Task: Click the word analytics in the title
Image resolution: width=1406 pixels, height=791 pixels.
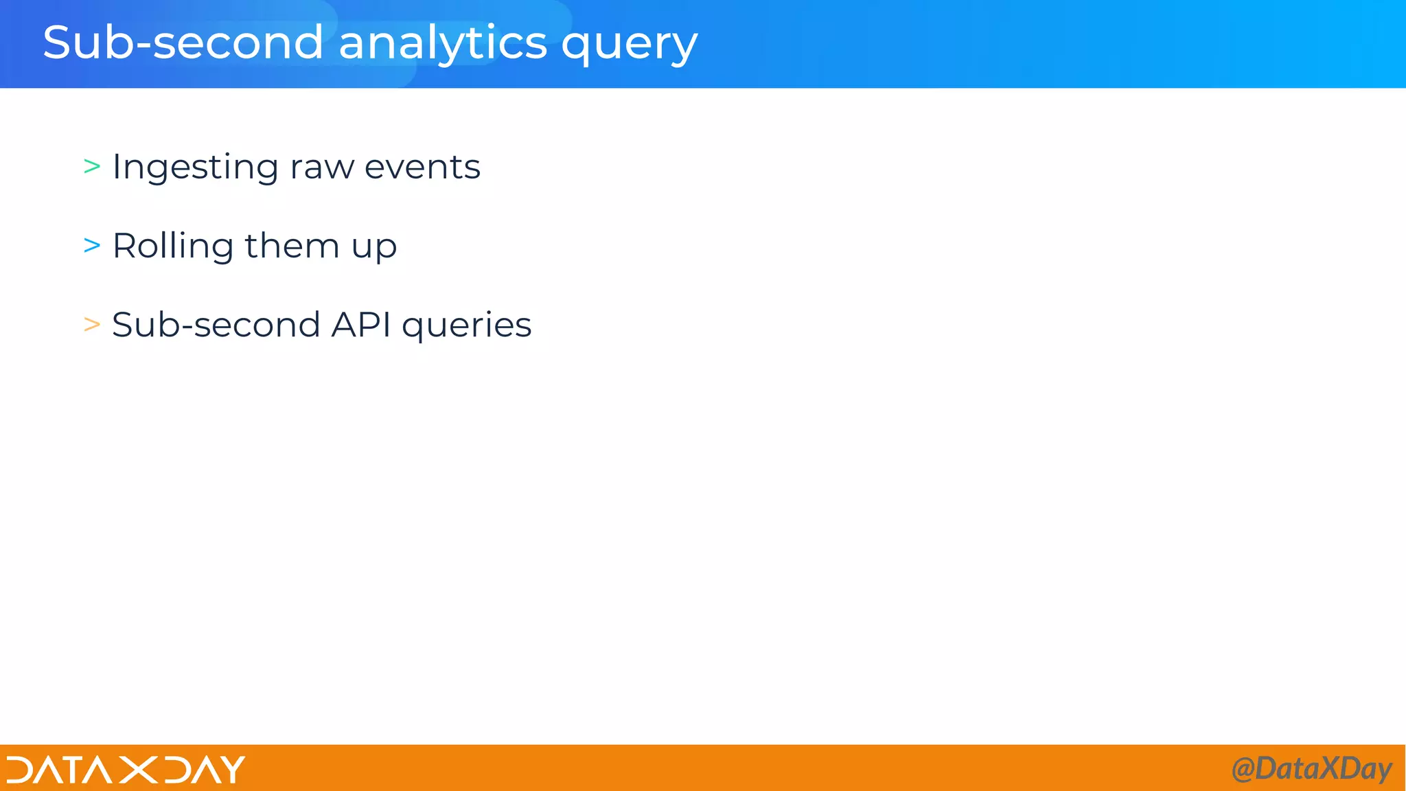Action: coord(443,43)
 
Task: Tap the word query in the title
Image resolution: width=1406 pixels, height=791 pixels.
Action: coord(629,45)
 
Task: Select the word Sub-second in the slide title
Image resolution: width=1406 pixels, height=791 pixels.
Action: coord(183,43)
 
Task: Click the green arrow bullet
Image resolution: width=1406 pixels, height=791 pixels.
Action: coord(92,166)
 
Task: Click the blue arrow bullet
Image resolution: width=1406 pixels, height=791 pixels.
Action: coord(92,245)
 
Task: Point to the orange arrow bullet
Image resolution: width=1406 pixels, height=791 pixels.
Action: coord(92,324)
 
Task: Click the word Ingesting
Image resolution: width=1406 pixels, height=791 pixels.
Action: coord(195,168)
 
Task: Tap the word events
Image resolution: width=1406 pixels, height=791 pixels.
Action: coord(422,168)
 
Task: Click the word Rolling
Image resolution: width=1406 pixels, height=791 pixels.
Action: coord(173,247)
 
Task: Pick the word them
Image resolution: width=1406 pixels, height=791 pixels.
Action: coord(292,246)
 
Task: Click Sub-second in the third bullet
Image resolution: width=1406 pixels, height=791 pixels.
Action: coord(216,324)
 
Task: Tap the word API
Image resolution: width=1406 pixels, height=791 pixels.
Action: coord(361,324)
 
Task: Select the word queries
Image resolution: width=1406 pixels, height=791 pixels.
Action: coord(467,326)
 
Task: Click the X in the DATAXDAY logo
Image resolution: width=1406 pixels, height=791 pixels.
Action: coord(138,770)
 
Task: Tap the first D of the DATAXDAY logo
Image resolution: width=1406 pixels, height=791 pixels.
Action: coord(21,770)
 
